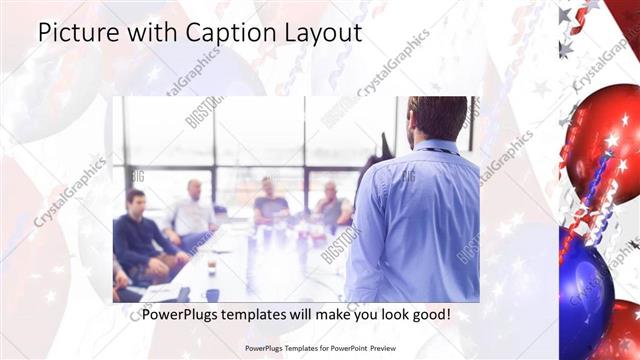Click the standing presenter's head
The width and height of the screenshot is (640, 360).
pos(438,118)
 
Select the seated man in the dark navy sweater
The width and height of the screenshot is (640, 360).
pos(140,235)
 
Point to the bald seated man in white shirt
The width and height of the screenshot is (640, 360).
pos(192,210)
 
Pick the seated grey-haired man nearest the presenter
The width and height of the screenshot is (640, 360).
pos(332,205)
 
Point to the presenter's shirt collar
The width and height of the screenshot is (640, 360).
pos(436,147)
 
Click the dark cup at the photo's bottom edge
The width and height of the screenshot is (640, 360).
pos(212,294)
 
